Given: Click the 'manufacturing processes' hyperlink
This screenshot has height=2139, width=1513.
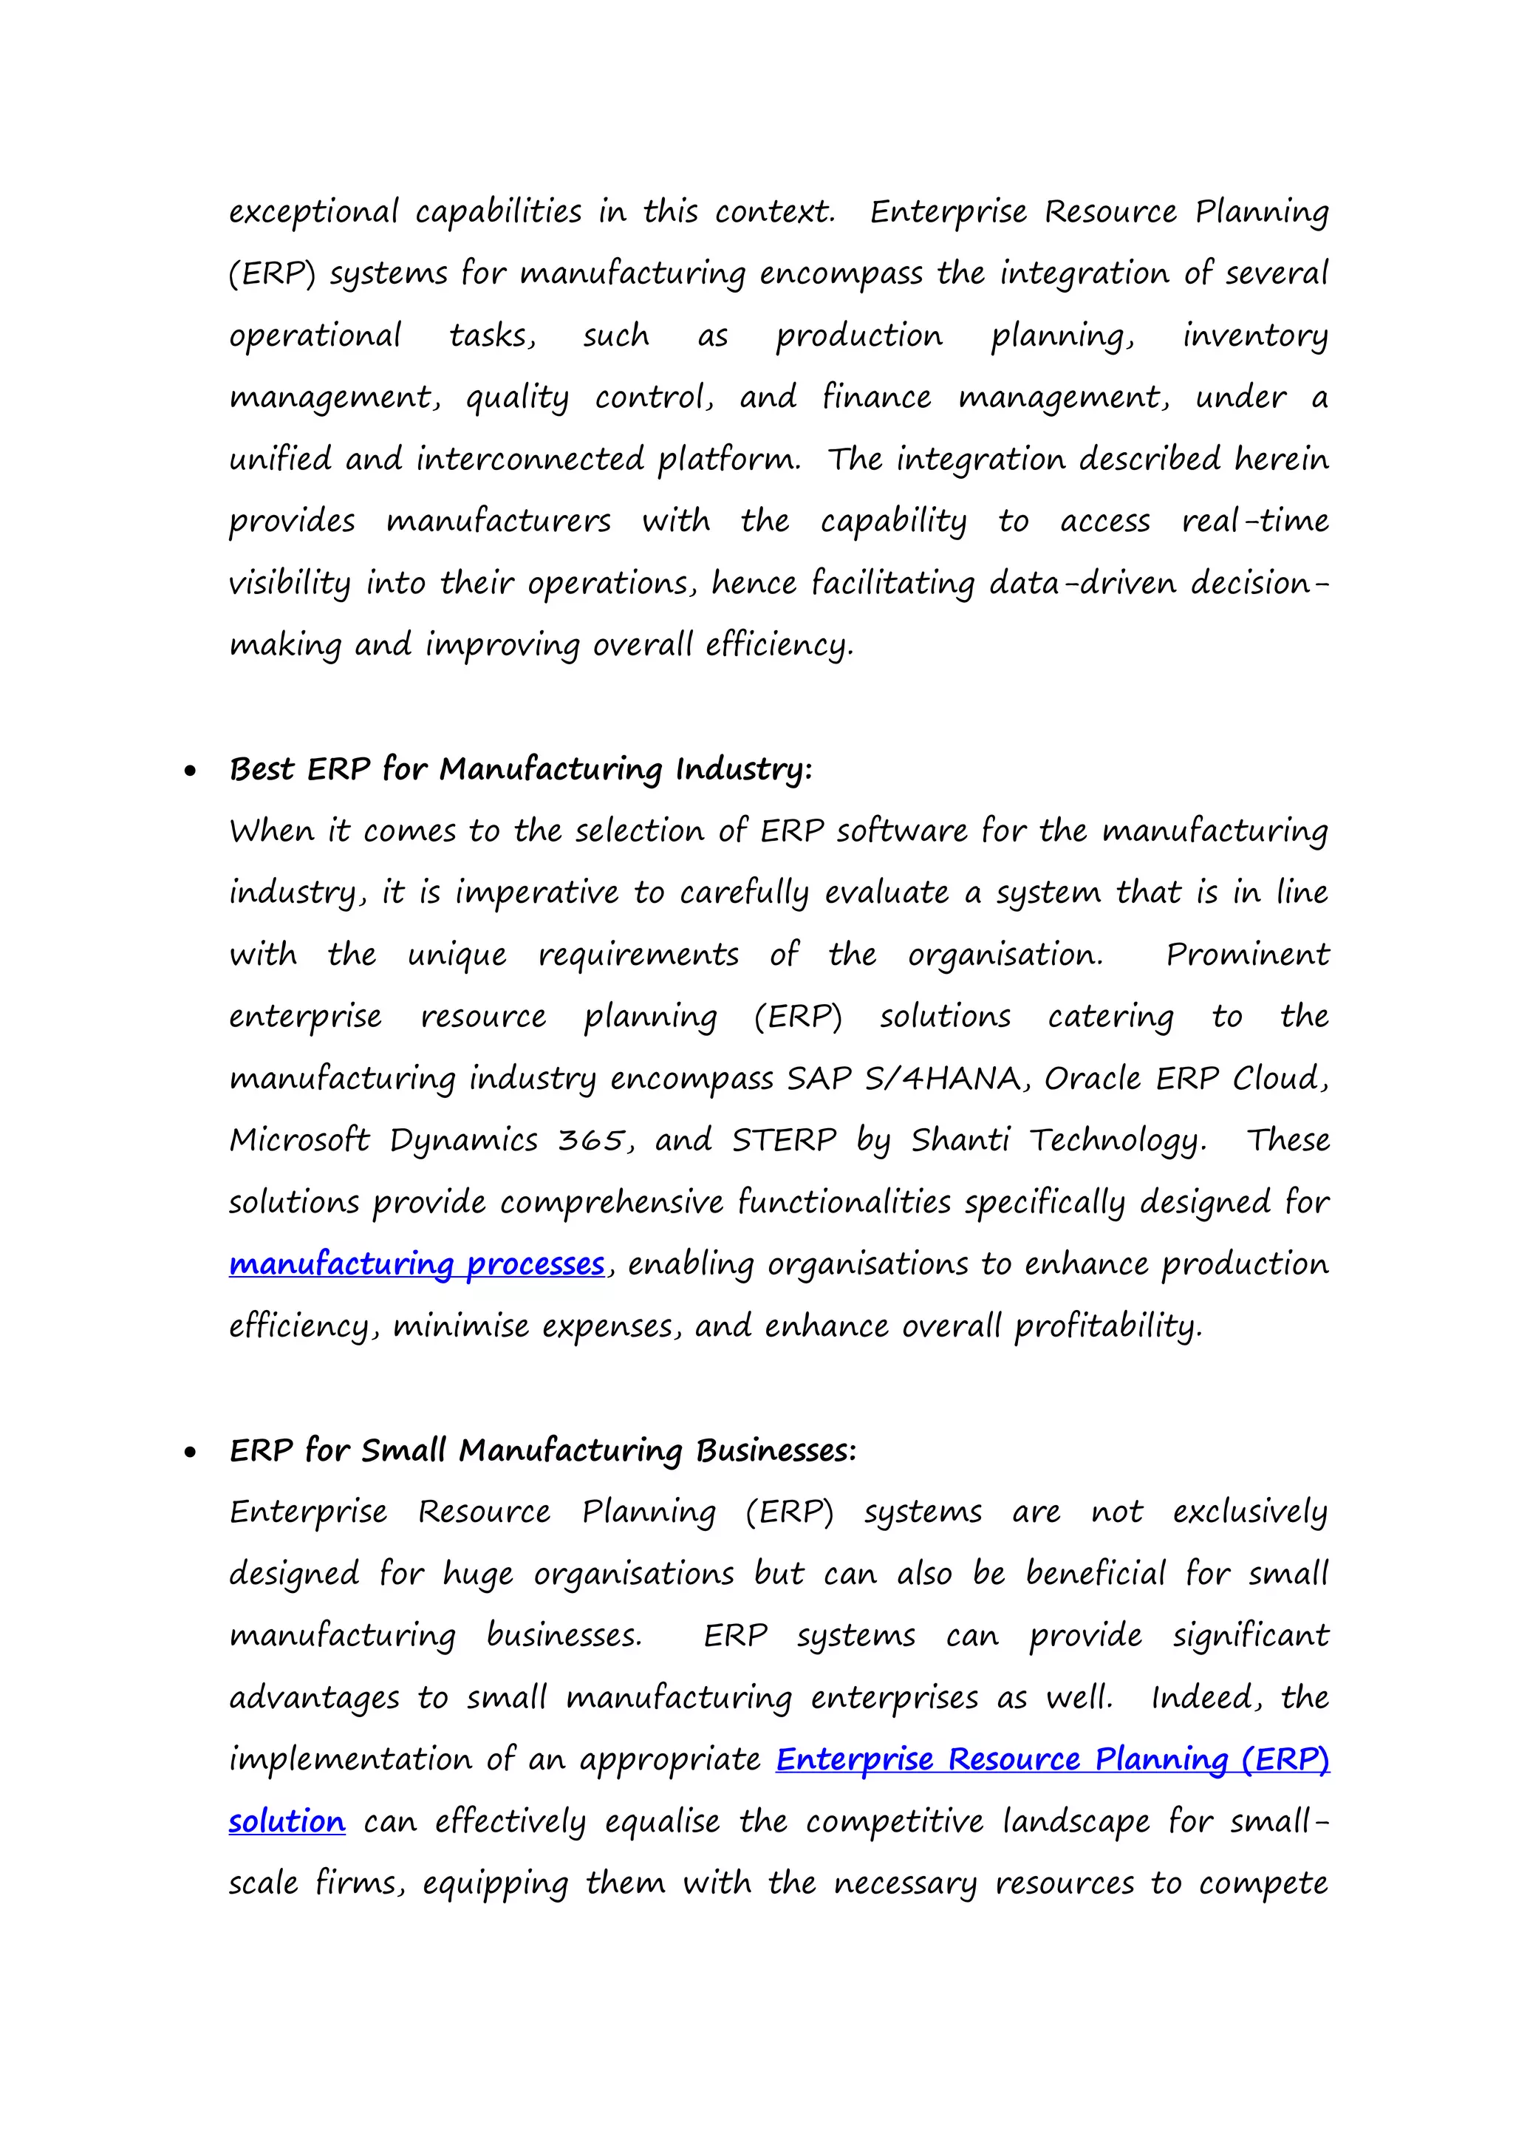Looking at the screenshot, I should click(x=417, y=1264).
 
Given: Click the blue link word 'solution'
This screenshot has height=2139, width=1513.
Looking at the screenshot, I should click(x=287, y=1821).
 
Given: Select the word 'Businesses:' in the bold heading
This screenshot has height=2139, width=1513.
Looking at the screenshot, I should click(x=775, y=1450).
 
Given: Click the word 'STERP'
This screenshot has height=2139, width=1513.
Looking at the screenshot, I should click(x=784, y=1140).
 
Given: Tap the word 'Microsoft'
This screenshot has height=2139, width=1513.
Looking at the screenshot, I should click(x=299, y=1140).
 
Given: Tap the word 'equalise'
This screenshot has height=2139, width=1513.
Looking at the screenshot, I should click(x=661, y=1821).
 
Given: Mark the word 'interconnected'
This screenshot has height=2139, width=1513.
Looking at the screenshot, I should click(x=529, y=460).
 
